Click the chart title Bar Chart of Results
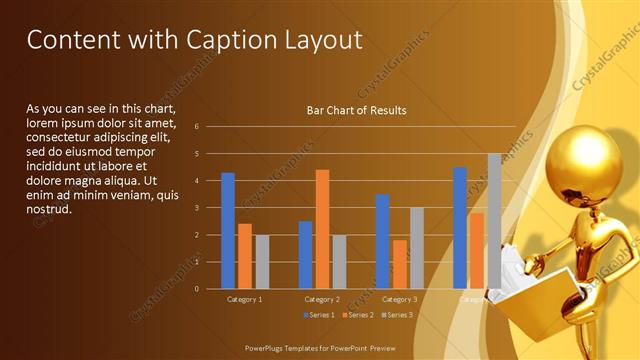356,110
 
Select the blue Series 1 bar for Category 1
228,231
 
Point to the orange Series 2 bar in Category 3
399,264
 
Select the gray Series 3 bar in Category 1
262,262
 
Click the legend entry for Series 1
319,315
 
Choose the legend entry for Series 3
398,315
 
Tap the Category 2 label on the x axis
322,299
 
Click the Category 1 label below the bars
245,299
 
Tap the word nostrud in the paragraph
48,209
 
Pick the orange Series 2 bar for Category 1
245,256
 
